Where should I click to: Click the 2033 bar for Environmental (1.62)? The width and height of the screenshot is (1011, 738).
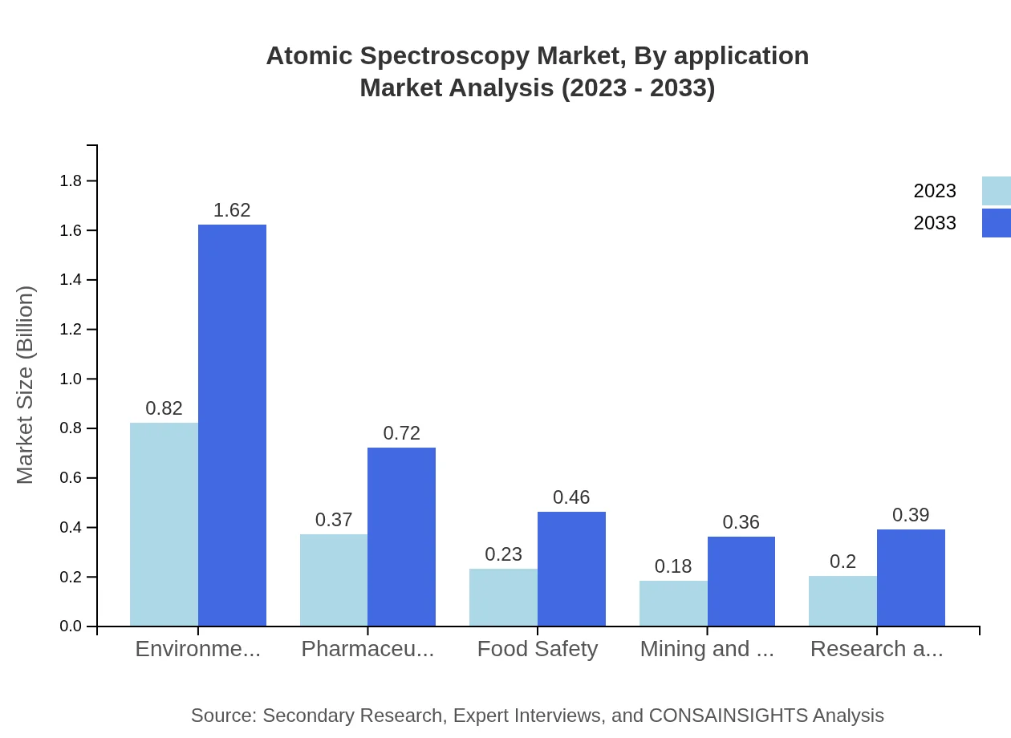(232, 425)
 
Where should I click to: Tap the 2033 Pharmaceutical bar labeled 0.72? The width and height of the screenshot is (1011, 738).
(401, 537)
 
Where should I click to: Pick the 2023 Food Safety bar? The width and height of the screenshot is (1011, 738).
(503, 598)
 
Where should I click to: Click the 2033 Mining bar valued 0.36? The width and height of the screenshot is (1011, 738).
(741, 582)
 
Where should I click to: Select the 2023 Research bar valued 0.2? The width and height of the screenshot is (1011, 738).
(842, 601)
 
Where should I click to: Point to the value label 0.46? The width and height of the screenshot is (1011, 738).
(571, 497)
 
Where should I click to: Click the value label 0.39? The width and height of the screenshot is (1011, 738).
(911, 515)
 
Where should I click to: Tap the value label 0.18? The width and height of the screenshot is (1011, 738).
(673, 566)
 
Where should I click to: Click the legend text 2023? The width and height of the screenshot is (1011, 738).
(935, 191)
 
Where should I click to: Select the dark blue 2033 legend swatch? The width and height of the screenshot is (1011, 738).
(996, 223)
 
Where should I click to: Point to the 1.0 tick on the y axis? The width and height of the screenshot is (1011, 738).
(71, 379)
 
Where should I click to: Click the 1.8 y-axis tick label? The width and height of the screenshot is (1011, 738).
(71, 181)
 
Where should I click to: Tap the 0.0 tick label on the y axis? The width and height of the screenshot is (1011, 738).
(71, 626)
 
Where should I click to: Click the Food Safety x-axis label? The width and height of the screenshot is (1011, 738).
(538, 649)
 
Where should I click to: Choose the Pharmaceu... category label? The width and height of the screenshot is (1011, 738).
(367, 649)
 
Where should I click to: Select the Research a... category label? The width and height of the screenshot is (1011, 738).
(876, 649)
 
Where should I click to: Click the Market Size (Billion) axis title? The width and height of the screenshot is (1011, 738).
(26, 385)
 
